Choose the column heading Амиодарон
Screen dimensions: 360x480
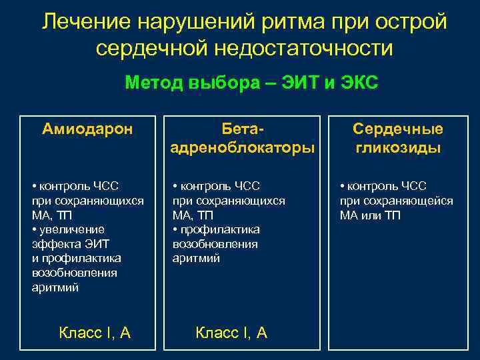click(87, 128)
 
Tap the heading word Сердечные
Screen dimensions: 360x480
click(398, 129)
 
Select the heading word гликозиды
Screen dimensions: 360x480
click(398, 148)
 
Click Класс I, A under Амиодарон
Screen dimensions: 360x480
click(95, 333)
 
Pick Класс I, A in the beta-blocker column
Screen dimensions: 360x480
click(231, 333)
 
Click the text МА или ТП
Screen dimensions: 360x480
click(371, 215)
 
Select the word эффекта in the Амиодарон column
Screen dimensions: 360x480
click(51, 244)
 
